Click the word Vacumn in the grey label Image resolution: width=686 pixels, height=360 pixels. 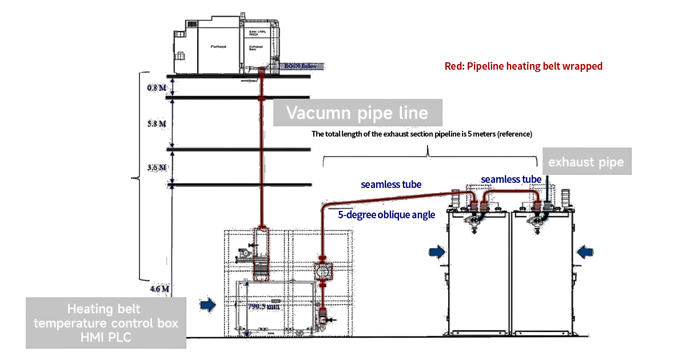click(315, 113)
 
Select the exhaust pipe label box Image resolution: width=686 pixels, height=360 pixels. click(586, 163)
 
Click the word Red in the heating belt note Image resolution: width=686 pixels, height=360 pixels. click(454, 66)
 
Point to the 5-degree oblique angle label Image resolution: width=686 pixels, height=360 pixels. click(386, 215)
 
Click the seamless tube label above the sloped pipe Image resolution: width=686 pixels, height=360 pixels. click(391, 185)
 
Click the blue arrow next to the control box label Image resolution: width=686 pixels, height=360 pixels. click(208, 306)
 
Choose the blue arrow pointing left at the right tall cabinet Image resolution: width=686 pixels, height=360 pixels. click(585, 251)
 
